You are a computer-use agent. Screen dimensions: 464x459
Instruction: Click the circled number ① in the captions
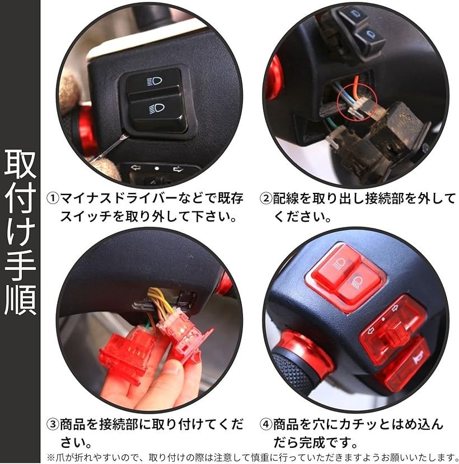click(x=52, y=198)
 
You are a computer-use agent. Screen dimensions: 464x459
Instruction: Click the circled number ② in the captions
click(x=265, y=198)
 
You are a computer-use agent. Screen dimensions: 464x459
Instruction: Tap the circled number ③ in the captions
click(x=52, y=425)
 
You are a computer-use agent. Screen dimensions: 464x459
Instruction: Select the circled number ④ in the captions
click(x=266, y=425)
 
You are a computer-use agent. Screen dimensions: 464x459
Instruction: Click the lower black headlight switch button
click(x=156, y=110)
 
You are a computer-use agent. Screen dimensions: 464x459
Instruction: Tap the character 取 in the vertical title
click(x=20, y=163)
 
